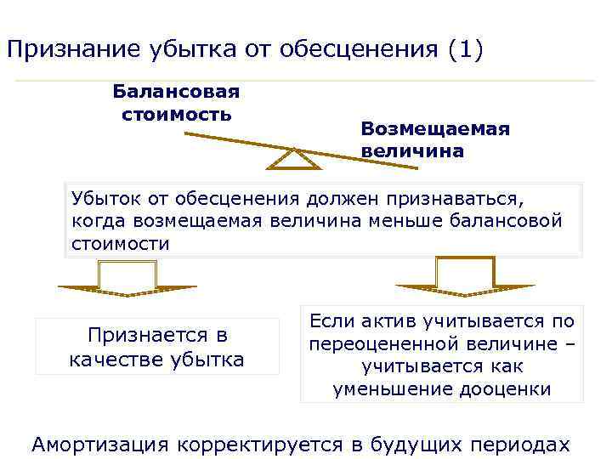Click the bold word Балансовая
(177, 91)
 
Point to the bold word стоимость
(176, 113)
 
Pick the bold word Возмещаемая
(434, 128)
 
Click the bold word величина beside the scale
(412, 151)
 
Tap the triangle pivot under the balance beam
(292, 159)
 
